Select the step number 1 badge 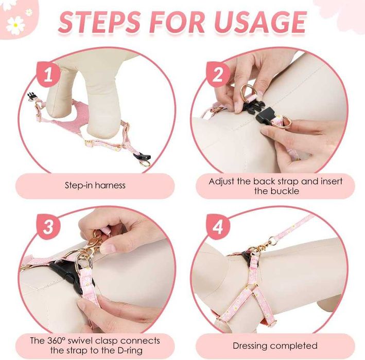(48, 74)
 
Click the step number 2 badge (218, 74)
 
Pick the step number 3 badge (48, 226)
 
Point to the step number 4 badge (218, 226)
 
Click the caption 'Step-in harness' (95, 185)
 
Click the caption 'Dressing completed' (275, 346)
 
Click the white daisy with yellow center (15, 25)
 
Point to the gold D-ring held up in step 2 (246, 92)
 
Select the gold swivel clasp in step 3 (95, 242)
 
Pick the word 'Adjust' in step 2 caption (221, 182)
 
